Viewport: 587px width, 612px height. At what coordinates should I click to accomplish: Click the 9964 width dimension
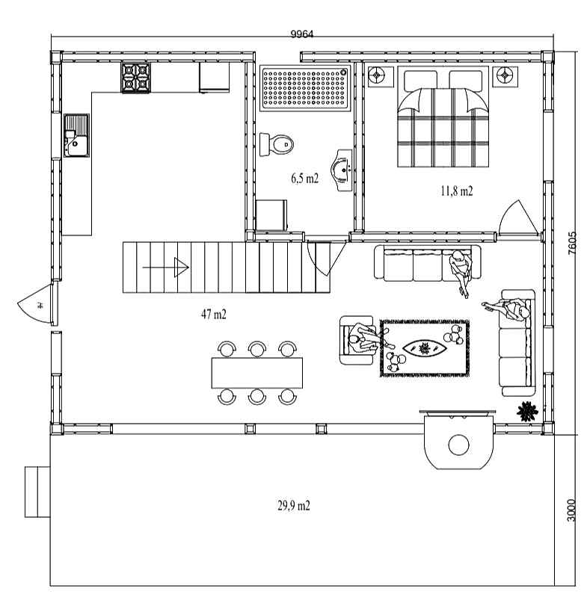pyautogui.click(x=301, y=34)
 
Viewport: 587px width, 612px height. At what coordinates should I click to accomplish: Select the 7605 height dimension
pyautogui.click(x=571, y=243)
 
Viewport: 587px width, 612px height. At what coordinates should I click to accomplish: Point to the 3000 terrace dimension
pyautogui.click(x=571, y=510)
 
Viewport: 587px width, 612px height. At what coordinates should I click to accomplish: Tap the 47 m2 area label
pyautogui.click(x=214, y=314)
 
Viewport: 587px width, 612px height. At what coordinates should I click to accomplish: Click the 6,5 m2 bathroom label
pyautogui.click(x=304, y=179)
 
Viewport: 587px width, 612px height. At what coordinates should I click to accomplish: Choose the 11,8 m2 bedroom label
pyautogui.click(x=457, y=191)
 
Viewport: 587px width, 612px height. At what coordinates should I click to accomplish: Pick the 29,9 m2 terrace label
pyautogui.click(x=294, y=505)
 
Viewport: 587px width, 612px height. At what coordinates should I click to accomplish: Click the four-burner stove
pyautogui.click(x=135, y=78)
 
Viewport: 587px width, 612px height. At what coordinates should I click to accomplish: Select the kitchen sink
pyautogui.click(x=76, y=135)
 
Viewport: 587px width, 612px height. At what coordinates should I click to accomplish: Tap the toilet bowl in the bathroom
pyautogui.click(x=277, y=144)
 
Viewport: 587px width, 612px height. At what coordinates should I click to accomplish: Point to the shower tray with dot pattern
pyautogui.click(x=304, y=88)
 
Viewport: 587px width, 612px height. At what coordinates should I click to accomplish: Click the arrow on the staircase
pyautogui.click(x=165, y=268)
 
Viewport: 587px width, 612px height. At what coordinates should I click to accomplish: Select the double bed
pyautogui.click(x=443, y=117)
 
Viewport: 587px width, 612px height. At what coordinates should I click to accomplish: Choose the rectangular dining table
pyautogui.click(x=257, y=373)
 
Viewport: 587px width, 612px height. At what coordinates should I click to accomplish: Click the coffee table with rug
pyautogui.click(x=425, y=348)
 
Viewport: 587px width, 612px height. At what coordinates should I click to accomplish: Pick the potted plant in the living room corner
pyautogui.click(x=527, y=412)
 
